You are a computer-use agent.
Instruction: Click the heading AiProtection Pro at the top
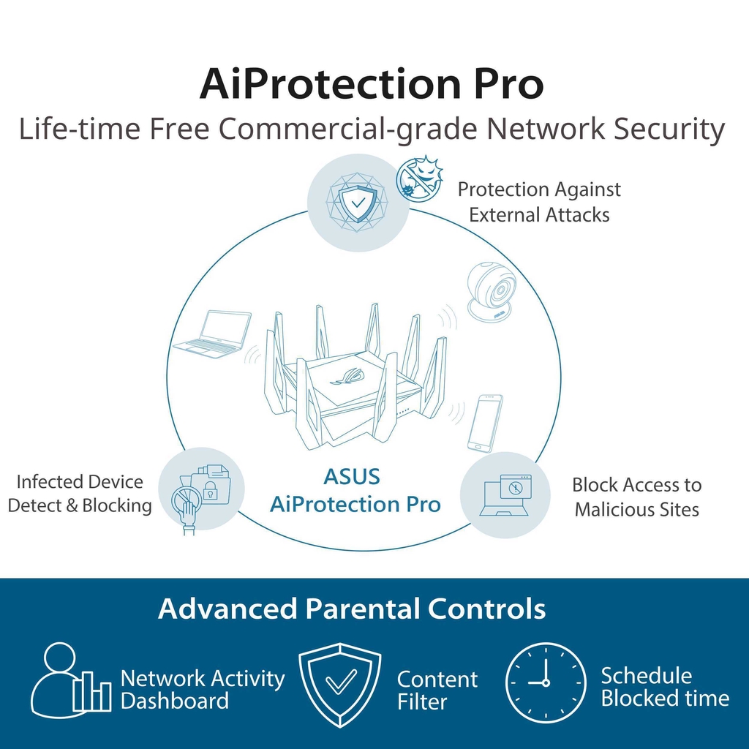(x=371, y=83)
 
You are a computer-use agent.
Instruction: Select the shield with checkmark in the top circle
(x=357, y=203)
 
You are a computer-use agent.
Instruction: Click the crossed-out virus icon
(x=419, y=177)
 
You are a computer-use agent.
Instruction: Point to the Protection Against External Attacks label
(x=539, y=202)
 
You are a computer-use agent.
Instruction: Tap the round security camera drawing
(x=491, y=291)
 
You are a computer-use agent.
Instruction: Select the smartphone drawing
(x=484, y=424)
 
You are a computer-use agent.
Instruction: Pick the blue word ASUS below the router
(x=352, y=477)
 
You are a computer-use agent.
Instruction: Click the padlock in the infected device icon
(x=209, y=491)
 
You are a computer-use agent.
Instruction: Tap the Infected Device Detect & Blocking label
(x=80, y=494)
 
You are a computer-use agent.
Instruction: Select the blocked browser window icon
(x=515, y=488)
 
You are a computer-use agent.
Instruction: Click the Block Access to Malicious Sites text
(x=637, y=497)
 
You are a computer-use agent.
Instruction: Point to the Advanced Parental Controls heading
(x=352, y=609)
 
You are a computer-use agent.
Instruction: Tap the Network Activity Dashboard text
(x=203, y=689)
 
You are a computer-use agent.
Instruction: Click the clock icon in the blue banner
(x=546, y=682)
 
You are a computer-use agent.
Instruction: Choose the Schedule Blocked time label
(x=665, y=687)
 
